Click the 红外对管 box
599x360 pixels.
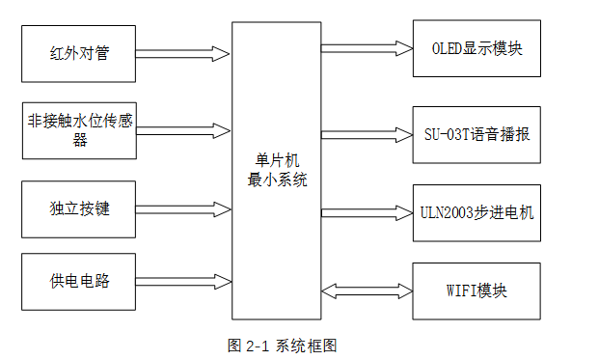pos(79,52)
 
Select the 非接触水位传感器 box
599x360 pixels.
pos(79,129)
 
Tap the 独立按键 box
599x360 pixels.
pos(79,208)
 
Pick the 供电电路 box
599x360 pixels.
pos(79,281)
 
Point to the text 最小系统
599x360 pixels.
pos(275,180)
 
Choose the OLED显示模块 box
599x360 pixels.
pos(476,47)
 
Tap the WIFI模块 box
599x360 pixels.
pos(476,291)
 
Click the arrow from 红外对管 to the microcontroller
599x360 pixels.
pos(183,52)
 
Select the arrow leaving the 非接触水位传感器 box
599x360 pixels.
pos(183,129)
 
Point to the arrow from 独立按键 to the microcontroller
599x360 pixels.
pos(183,208)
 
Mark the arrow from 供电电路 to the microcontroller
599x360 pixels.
pos(183,281)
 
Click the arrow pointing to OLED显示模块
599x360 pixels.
pos(367,46)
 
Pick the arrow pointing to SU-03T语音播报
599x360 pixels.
pos(367,132)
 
